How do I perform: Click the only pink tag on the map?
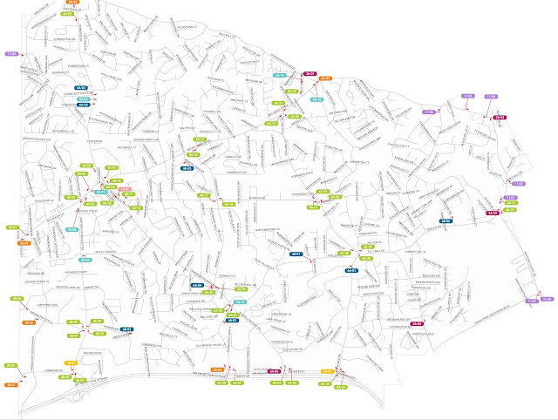pyautogui.click(x=125, y=189)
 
